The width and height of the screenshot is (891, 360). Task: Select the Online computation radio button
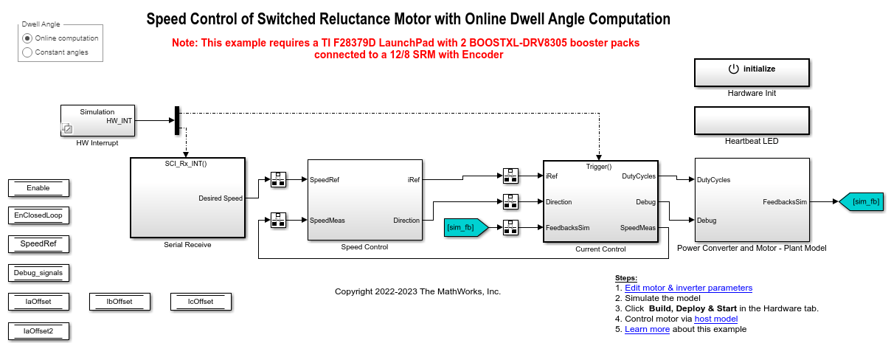pos(28,38)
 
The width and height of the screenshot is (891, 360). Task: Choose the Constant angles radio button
pos(28,52)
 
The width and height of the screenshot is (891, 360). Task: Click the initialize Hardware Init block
pos(752,72)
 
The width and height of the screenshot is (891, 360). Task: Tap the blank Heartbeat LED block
pos(752,120)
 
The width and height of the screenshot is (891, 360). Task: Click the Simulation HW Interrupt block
pos(97,120)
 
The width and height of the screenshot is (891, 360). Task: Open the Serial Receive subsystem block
pos(187,198)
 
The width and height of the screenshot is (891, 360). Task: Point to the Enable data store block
pos(38,188)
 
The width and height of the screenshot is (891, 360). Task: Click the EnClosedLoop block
pos(38,215)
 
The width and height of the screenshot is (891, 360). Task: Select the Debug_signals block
pos(38,273)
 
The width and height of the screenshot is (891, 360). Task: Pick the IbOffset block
pos(119,302)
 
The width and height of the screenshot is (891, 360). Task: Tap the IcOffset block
pos(201,302)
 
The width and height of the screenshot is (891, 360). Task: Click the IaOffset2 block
pos(38,331)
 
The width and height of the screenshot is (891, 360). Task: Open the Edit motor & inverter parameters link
pos(688,288)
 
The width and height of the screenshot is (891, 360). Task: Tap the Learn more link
pos(647,329)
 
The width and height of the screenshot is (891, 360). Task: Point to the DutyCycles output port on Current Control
pos(638,176)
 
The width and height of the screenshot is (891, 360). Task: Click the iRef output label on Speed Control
pos(413,179)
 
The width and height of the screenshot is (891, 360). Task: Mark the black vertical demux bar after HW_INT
pos(177,121)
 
